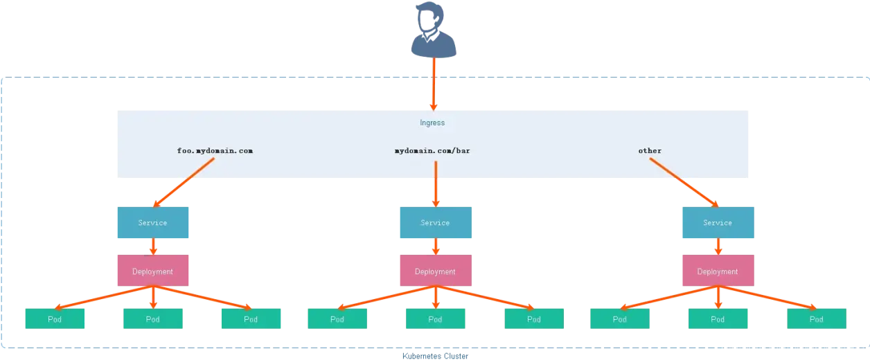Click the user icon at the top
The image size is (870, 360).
[x=434, y=30]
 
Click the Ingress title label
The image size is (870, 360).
[x=432, y=123]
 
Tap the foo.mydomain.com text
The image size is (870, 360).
[x=214, y=150]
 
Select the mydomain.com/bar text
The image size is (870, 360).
[x=436, y=150]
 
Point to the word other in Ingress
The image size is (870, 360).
[x=650, y=150]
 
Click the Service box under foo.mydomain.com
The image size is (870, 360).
[x=152, y=223]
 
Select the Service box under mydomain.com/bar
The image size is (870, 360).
[x=435, y=223]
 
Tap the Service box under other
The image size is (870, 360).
[x=718, y=223]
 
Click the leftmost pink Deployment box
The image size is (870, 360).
[x=152, y=271]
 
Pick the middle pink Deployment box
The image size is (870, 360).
[x=435, y=271]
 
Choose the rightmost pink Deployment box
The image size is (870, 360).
[x=718, y=271]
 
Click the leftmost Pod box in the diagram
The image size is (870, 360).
[x=55, y=318]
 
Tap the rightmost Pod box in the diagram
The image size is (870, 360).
[x=817, y=318]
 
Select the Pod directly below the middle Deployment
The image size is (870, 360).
[x=435, y=318]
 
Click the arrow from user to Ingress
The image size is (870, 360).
[x=434, y=83]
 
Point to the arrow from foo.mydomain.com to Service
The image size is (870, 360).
[x=184, y=182]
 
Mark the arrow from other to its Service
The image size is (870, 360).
[x=684, y=182]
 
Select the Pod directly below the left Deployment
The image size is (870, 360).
[x=152, y=318]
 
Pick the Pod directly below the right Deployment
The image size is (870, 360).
[x=718, y=318]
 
